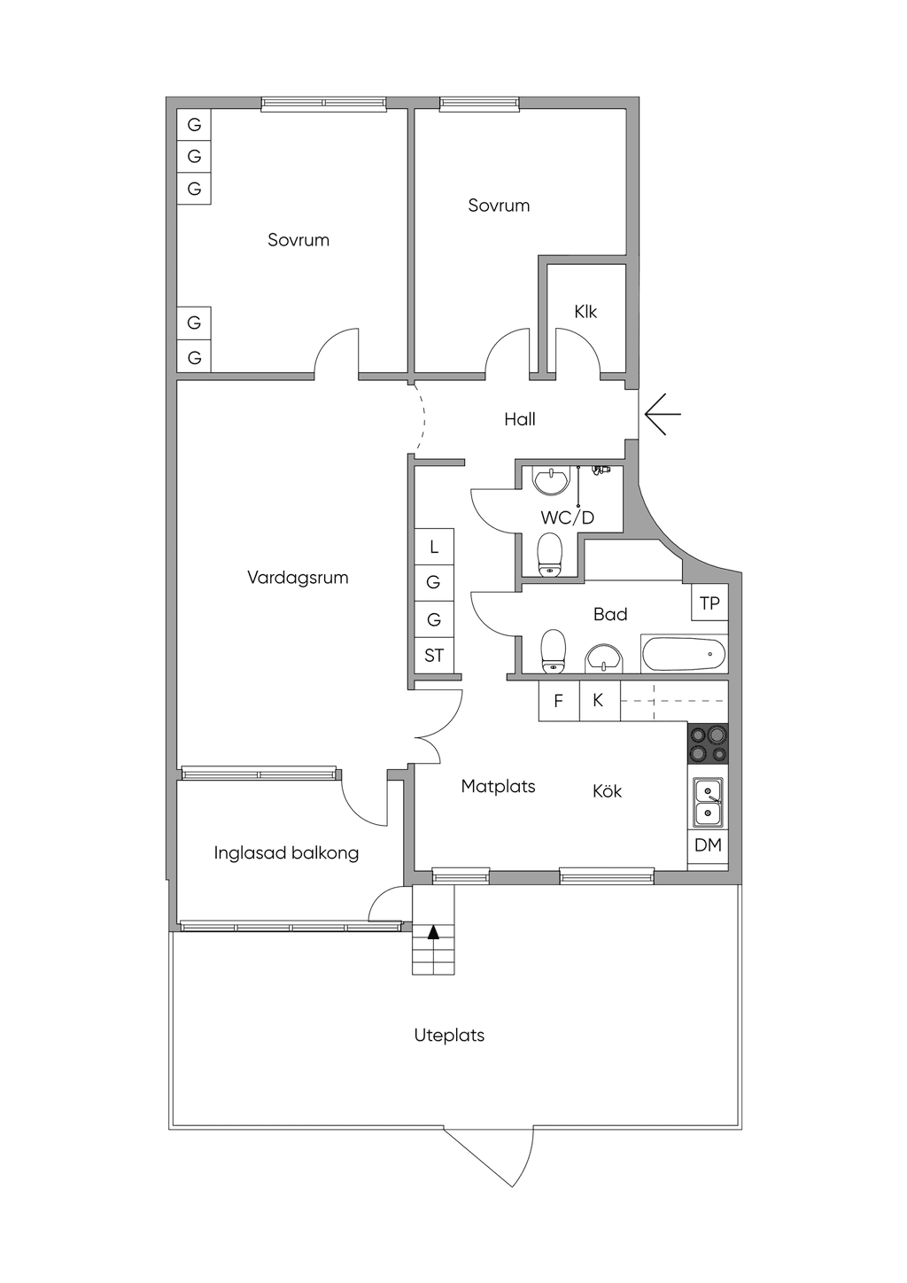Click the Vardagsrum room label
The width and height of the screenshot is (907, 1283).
click(x=298, y=578)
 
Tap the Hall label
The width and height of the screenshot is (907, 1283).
click(x=520, y=419)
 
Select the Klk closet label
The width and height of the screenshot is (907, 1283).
click(x=585, y=312)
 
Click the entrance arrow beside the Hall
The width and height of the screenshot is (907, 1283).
click(x=663, y=414)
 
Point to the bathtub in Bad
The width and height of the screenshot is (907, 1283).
click(x=685, y=654)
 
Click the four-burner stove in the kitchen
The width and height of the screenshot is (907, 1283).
click(x=708, y=743)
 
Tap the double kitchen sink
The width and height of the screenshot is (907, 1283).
click(x=708, y=803)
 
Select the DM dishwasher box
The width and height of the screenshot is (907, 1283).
click(x=708, y=844)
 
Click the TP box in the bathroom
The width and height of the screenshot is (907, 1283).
click(x=709, y=603)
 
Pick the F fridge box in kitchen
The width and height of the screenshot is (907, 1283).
click(x=559, y=701)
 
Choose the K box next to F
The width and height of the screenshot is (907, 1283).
click(x=600, y=701)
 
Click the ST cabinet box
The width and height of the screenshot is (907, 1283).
click(x=434, y=656)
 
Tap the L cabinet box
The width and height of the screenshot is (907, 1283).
click(x=434, y=547)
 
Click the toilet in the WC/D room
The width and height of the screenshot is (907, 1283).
click(x=550, y=555)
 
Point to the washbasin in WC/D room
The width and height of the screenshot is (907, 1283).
click(x=551, y=479)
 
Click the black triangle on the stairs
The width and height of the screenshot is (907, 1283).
click(x=433, y=933)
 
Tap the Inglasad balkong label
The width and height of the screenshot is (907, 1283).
click(x=286, y=853)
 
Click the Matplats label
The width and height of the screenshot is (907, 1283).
click(x=498, y=787)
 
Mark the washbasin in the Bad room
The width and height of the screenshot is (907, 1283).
click(x=603, y=658)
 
